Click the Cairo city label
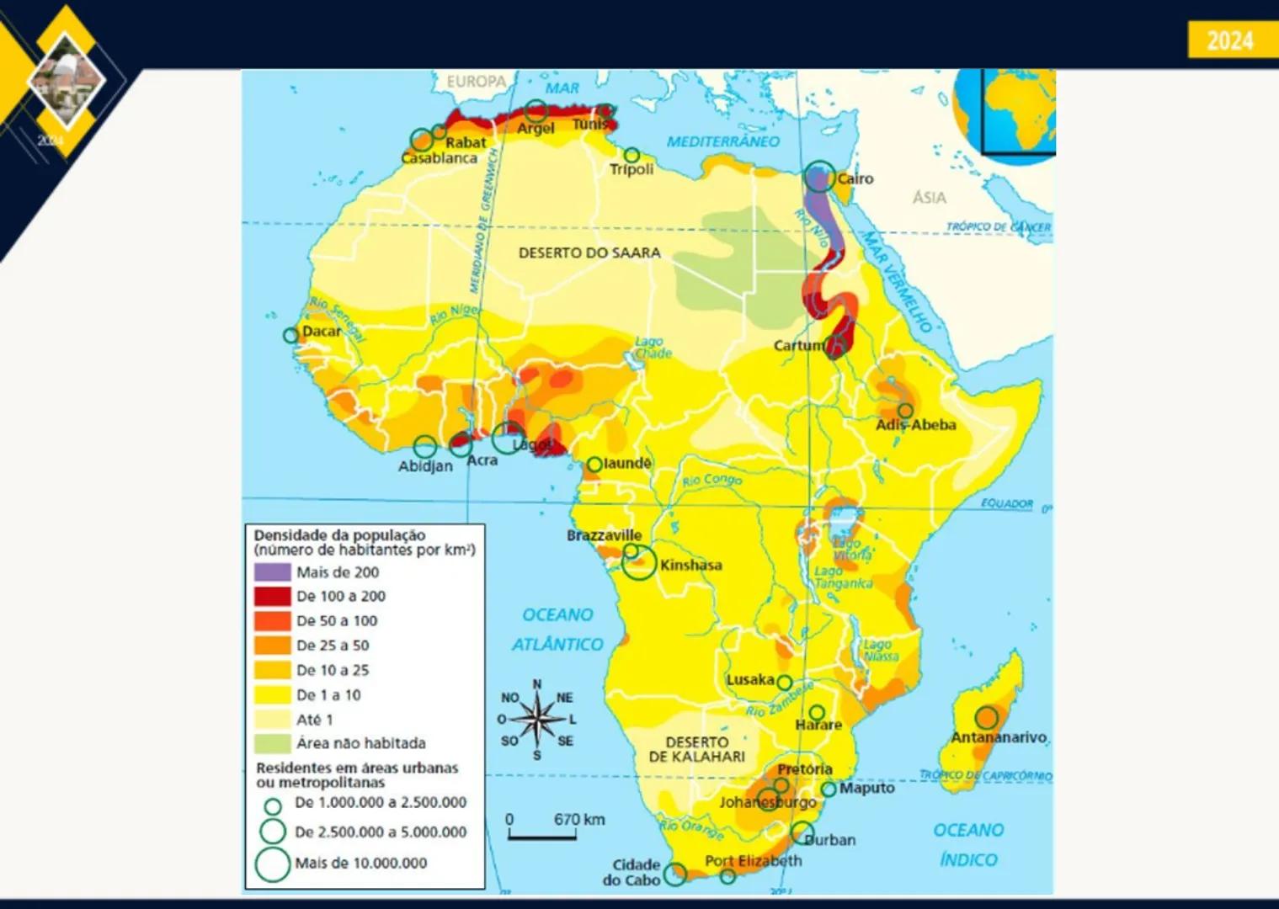pyautogui.click(x=855, y=178)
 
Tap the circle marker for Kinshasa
pyautogui.click(x=639, y=563)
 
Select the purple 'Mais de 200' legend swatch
pyautogui.click(x=272, y=572)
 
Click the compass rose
pyautogui.click(x=537, y=720)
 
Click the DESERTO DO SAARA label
pyautogui.click(x=589, y=252)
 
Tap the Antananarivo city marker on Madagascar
pyautogui.click(x=987, y=718)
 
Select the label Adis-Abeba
pyautogui.click(x=915, y=425)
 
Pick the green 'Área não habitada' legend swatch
pyautogui.click(x=272, y=743)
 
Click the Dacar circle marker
pyautogui.click(x=290, y=335)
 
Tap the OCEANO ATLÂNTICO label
pyautogui.click(x=557, y=630)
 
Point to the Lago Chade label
pyautogui.click(x=653, y=348)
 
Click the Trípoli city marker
pyautogui.click(x=632, y=155)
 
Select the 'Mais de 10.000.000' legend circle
pyautogui.click(x=272, y=864)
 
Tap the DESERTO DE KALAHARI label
pyautogui.click(x=696, y=749)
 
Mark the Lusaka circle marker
pyautogui.click(x=784, y=683)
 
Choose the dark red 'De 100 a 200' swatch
pyautogui.click(x=272, y=597)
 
